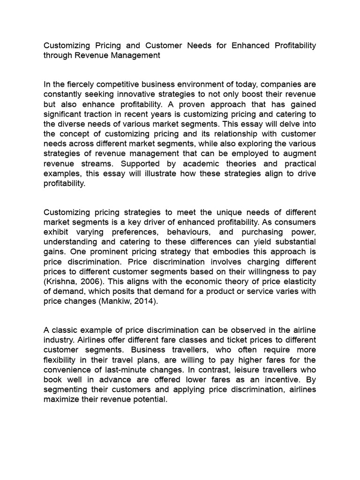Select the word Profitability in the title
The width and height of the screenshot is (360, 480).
[x=292, y=45]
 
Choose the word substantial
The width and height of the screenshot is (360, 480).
[x=293, y=241]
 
